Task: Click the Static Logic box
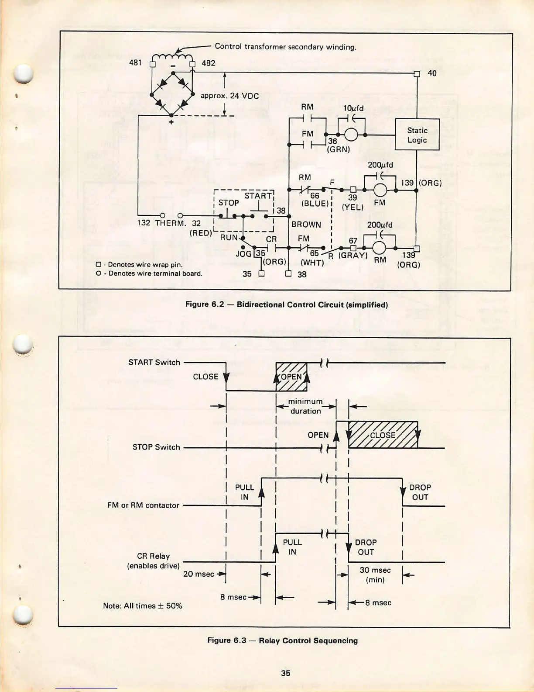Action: tap(417, 135)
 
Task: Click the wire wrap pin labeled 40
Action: tap(417, 74)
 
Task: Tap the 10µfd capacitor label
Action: tap(353, 108)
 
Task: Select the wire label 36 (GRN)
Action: tap(338, 145)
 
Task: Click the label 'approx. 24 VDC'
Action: tap(229, 96)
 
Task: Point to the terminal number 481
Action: tap(135, 63)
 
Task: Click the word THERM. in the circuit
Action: tap(171, 223)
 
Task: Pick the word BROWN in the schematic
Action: tap(306, 225)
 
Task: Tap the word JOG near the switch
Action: tap(243, 253)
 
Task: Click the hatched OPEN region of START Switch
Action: tap(291, 377)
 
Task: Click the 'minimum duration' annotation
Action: tap(305, 406)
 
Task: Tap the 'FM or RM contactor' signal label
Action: tap(143, 505)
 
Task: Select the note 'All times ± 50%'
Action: tap(143, 605)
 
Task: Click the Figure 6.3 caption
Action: tap(282, 640)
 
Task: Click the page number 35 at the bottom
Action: tap(286, 673)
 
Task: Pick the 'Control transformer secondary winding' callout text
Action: tap(286, 47)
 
